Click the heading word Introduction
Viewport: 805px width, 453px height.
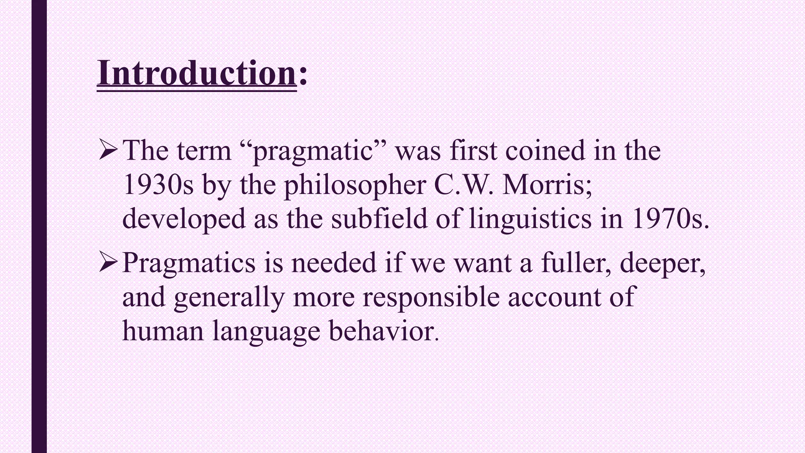pos(197,74)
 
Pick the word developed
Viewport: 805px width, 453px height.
pos(184,219)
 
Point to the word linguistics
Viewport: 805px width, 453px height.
pos(530,219)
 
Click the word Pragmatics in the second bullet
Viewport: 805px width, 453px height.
pos(189,263)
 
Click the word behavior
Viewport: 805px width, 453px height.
pos(382,331)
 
